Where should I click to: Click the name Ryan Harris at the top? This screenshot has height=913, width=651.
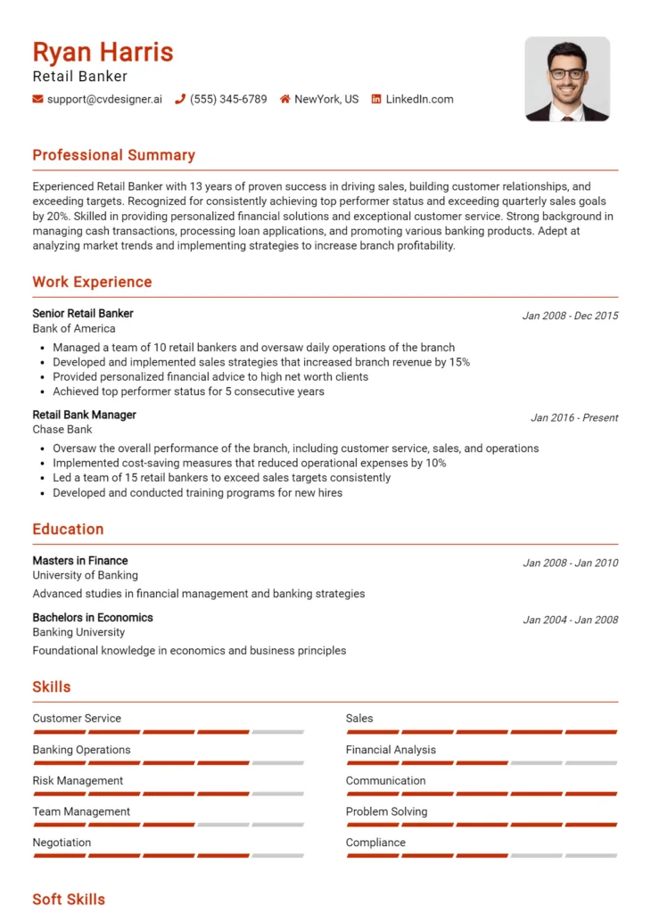coord(103,51)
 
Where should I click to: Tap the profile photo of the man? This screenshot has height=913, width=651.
coord(567,79)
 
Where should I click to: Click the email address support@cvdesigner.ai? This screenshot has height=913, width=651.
coord(104,99)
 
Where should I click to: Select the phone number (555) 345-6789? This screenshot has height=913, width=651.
coord(228,99)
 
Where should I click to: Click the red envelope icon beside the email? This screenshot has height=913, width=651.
coord(37,99)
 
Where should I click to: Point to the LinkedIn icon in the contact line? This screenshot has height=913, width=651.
coord(376,99)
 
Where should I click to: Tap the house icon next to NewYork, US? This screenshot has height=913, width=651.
coord(285,99)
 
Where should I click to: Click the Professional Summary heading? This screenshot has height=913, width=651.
coord(113,155)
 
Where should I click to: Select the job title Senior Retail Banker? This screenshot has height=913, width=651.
coord(83,314)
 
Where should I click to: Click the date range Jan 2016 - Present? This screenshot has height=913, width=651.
coord(574,417)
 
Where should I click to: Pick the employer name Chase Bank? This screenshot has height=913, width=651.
coord(62,430)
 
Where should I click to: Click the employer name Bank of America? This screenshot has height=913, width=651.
coord(74,328)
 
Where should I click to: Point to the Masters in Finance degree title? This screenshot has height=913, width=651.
coord(80,561)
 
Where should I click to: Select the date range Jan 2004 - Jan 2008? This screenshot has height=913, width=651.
coord(571,620)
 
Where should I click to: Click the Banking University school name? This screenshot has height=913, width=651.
coord(78,632)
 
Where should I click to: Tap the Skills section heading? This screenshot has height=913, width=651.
coord(52,687)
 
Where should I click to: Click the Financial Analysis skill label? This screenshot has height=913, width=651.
coord(391,750)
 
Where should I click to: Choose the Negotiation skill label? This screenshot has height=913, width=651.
coord(62,843)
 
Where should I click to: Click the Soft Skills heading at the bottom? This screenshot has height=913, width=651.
coord(69,899)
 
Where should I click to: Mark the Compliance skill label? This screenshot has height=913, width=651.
coord(375,843)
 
